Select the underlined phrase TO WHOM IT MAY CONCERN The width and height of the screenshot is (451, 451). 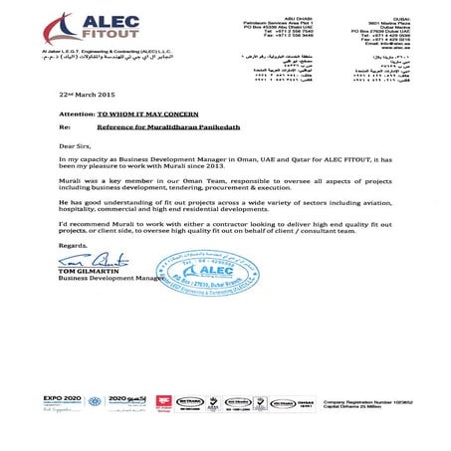tap(152, 115)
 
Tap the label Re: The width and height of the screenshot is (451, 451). tap(65, 128)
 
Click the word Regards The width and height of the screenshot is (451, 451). tap(74, 245)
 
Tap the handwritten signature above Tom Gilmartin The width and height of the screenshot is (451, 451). tap(84, 260)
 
